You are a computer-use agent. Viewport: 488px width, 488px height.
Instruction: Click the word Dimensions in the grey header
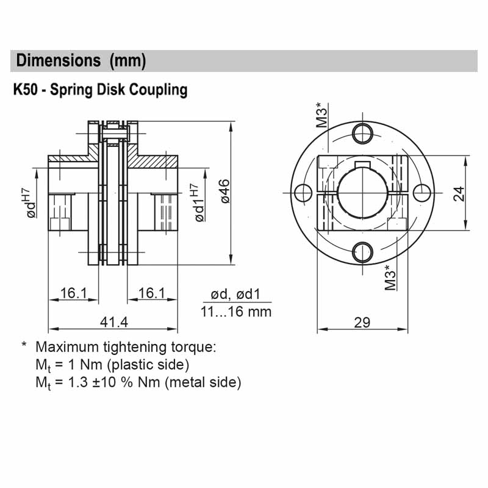pos(59,60)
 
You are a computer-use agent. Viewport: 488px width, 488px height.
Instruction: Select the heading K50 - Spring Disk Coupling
pos(100,90)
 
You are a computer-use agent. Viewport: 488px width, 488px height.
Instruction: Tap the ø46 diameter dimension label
pos(224,190)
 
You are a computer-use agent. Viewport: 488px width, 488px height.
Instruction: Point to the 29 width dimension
pos(362,322)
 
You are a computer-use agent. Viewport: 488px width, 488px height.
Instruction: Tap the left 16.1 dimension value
pos(74,293)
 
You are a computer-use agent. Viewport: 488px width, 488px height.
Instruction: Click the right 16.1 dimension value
pos(152,293)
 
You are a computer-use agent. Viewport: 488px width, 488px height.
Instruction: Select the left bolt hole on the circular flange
pos(302,192)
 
